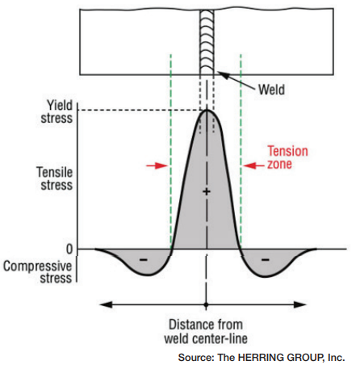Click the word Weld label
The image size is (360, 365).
[271, 90]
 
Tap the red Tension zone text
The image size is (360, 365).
[287, 157]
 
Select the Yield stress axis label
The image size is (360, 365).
[57, 111]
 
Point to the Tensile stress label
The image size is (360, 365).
[55, 178]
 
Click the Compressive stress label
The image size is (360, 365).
[38, 272]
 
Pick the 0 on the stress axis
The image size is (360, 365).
[69, 250]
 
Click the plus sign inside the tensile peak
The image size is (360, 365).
[207, 191]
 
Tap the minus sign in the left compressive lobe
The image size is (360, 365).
[144, 260]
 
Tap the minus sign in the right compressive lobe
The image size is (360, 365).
[266, 260]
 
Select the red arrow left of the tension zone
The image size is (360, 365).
[157, 166]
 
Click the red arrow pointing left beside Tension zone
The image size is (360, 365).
[253, 166]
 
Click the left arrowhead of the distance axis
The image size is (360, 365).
[106, 304]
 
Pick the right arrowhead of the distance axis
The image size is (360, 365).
[299, 304]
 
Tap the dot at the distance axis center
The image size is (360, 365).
[206, 305]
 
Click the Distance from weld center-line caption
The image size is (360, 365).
[206, 332]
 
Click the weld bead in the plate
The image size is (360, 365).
[207, 42]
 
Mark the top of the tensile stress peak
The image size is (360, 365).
[207, 110]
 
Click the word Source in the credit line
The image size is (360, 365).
[196, 358]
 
